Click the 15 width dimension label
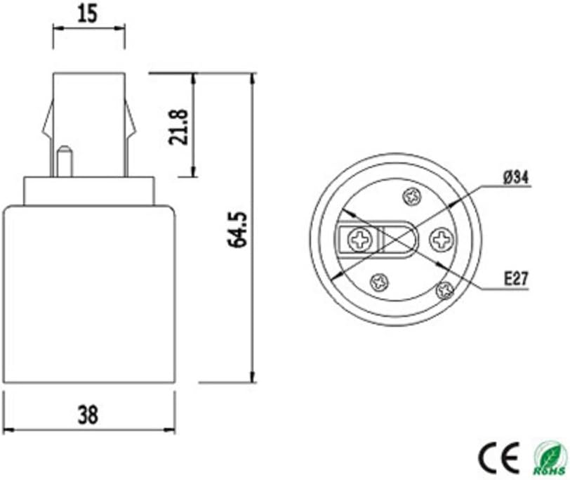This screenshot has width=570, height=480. [89, 13]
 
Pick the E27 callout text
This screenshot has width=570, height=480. [516, 279]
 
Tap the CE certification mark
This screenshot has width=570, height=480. [498, 456]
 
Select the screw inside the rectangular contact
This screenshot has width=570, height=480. [359, 242]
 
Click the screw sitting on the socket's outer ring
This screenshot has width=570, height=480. [444, 289]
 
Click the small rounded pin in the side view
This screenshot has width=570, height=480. [64, 160]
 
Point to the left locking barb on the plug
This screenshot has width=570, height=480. [46, 123]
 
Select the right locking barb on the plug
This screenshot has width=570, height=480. [131, 123]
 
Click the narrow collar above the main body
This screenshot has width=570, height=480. [88, 190]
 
